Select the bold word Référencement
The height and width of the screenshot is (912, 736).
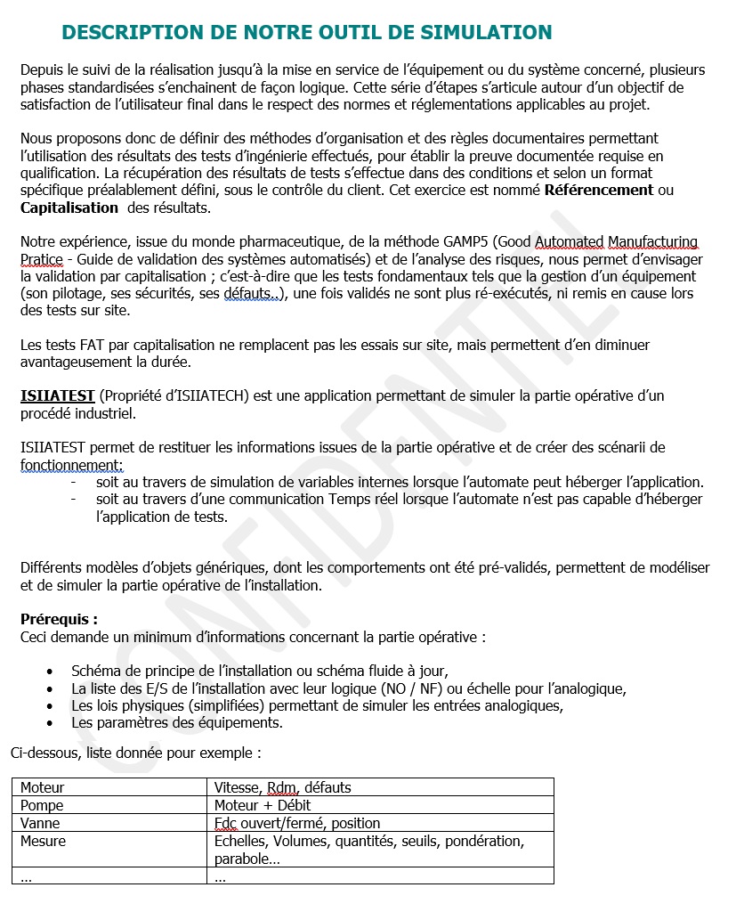[x=599, y=190]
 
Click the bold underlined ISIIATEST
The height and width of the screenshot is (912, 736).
[x=58, y=395]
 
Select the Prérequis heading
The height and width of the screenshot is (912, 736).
[x=59, y=619]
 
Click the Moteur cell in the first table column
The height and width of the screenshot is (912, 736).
[x=43, y=787]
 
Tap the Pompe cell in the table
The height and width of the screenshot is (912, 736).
[x=42, y=805]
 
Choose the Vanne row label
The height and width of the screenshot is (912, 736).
[x=40, y=823]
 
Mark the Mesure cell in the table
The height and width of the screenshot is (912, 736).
[x=43, y=841]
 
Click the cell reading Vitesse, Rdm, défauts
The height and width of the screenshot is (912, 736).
[x=283, y=787]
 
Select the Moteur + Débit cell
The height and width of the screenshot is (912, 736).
[x=263, y=805]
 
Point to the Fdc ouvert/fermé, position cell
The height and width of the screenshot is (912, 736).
[x=297, y=823]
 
